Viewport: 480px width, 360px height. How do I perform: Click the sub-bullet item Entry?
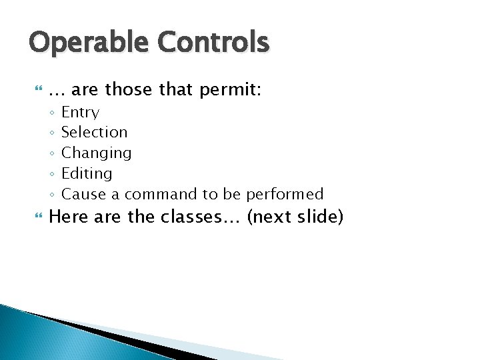80,113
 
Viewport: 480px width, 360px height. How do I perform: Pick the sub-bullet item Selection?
94,132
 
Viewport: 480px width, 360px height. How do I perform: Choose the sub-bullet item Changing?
96,153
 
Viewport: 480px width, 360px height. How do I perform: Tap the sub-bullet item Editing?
87,174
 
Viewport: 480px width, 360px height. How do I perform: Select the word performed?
285,194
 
